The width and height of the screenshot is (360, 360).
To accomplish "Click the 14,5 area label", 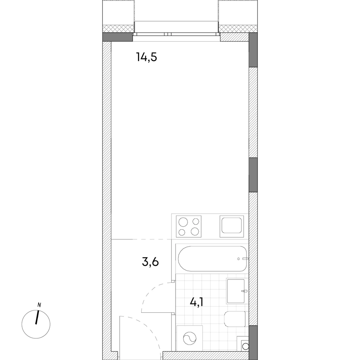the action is pos(146,57).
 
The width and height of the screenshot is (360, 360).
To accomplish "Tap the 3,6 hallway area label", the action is pos(150,262).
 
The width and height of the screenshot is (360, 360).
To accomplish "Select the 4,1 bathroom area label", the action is pos(196,302).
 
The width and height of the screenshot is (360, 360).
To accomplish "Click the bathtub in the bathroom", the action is pos(212,259).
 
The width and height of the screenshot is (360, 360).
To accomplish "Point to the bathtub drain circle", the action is pos(238,259).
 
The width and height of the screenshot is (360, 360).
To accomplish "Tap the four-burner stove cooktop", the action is pos(189,226).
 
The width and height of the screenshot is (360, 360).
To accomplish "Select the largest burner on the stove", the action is pos(183,222).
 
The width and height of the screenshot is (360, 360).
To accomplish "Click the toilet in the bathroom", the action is pos(235,319).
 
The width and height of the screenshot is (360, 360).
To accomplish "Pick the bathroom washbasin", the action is pos(237,291).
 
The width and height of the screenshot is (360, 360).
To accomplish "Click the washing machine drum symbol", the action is pos(190,338).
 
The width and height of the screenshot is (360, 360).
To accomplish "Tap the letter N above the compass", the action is pos(39,305).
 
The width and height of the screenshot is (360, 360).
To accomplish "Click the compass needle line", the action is pos(37,317).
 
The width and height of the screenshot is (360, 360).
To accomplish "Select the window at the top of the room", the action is pos(176,34).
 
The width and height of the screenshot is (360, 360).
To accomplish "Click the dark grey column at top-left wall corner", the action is pos(118,37).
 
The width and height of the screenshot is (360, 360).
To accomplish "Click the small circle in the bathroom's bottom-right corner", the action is pos(246,346).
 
